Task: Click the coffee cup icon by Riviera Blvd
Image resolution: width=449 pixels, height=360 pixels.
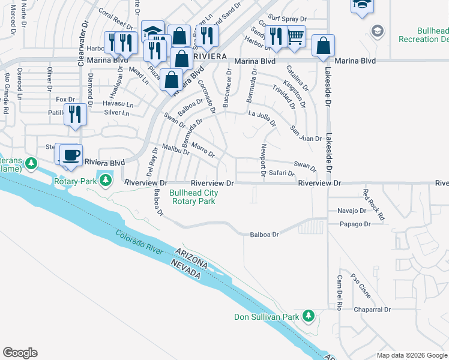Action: pyautogui.click(x=71, y=155)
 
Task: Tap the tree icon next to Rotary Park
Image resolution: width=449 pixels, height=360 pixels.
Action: pyautogui.click(x=106, y=180)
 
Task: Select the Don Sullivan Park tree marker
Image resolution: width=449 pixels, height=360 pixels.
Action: pyautogui.click(x=309, y=316)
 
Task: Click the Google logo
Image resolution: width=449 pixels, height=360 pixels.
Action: pyautogui.click(x=20, y=353)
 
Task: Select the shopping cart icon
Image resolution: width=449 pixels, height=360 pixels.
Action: pyautogui.click(x=295, y=37)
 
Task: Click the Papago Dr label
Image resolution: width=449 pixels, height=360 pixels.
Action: pyautogui.click(x=355, y=224)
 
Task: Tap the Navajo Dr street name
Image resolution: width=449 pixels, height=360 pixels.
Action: pyautogui.click(x=352, y=211)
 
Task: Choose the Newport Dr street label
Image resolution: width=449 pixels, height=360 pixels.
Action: pyautogui.click(x=263, y=160)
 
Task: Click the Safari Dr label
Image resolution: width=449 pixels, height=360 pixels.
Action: pyautogui.click(x=282, y=173)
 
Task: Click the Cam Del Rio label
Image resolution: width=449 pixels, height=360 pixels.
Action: pyautogui.click(x=339, y=292)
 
